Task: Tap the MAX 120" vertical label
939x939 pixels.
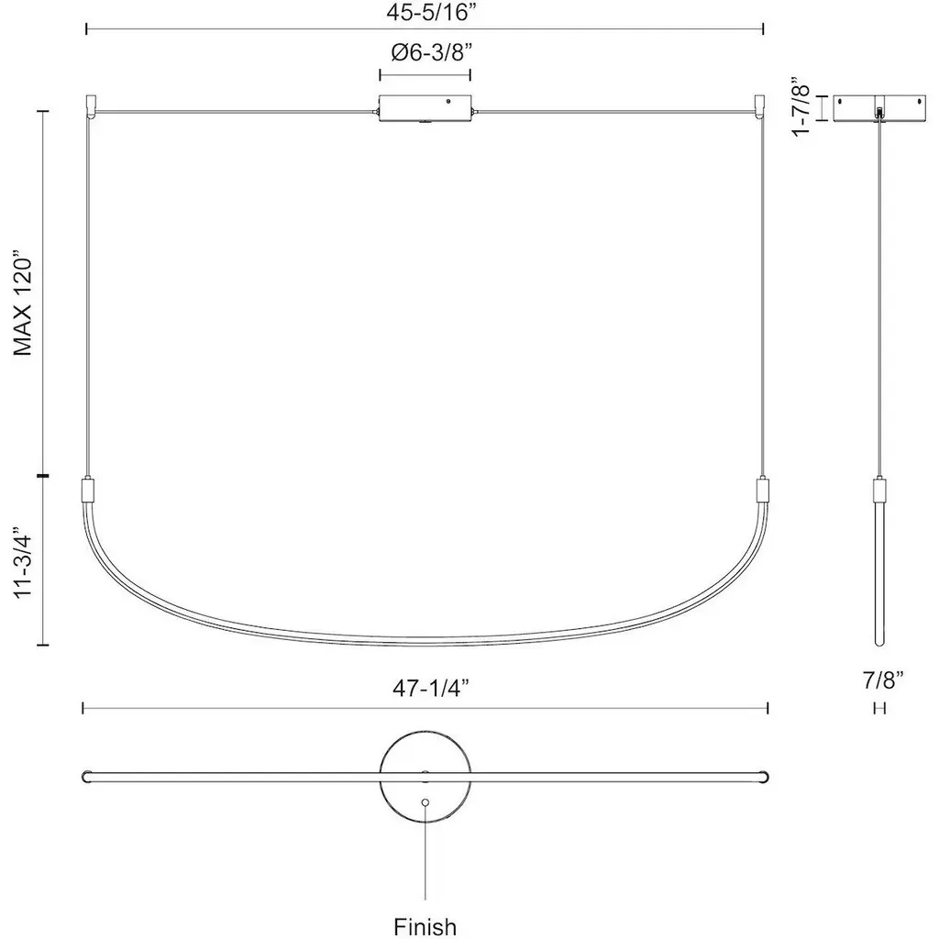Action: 23,303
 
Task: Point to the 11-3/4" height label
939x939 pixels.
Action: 23,562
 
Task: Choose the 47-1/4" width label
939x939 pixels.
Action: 430,688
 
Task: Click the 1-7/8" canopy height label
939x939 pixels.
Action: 801,106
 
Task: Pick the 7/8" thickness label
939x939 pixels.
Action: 883,680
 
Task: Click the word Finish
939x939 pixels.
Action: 425,927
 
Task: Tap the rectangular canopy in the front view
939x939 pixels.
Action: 425,108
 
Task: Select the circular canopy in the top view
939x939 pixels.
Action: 425,776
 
